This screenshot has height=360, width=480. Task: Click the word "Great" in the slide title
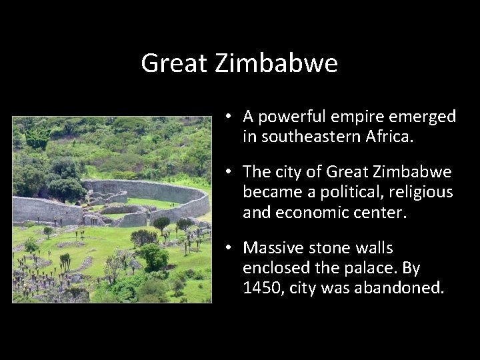click(168, 64)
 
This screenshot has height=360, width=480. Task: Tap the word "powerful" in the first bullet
click(289, 118)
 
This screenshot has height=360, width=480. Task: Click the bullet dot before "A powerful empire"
click(228, 117)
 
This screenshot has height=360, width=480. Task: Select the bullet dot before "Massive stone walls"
click(228, 248)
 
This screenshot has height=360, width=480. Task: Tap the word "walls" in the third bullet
click(374, 248)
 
